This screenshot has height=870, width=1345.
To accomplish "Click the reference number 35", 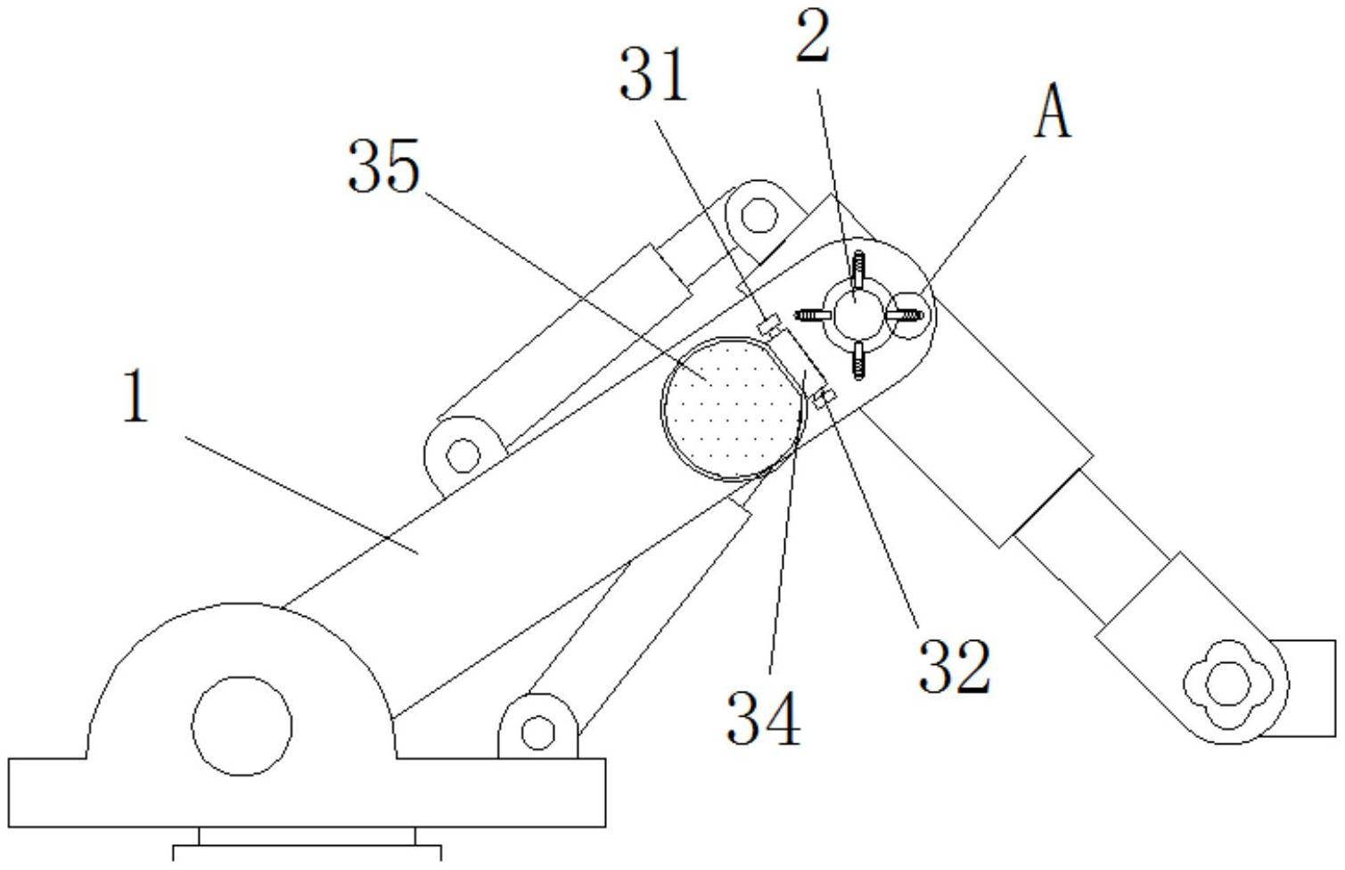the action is (383, 167).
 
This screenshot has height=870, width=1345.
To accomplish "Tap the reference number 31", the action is (653, 76).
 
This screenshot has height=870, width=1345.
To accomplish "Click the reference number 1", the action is (135, 397).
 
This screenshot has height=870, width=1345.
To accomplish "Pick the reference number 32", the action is (955, 666).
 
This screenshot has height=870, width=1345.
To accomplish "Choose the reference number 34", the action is (764, 718).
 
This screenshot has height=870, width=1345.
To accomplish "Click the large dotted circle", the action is (732, 409).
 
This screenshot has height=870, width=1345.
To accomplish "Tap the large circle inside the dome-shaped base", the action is (242, 726).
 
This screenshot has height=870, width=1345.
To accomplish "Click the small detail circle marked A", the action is (910, 316).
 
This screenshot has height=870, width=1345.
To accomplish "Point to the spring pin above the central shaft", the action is (858, 270).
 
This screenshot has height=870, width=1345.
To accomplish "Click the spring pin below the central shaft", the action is (859, 360).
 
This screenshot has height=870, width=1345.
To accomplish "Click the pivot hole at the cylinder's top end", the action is (759, 215).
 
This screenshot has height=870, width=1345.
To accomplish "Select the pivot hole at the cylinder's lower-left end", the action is (463, 456).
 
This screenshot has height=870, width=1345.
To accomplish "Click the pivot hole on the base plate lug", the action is (538, 733).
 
